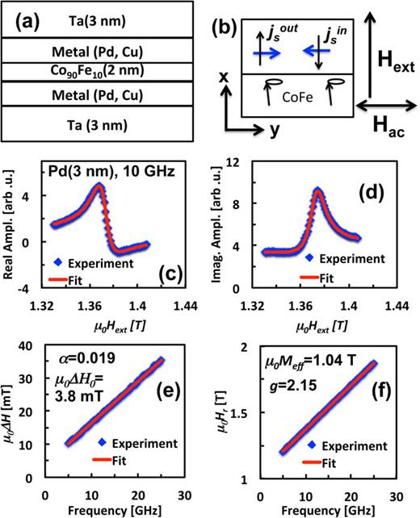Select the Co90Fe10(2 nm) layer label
107,71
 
